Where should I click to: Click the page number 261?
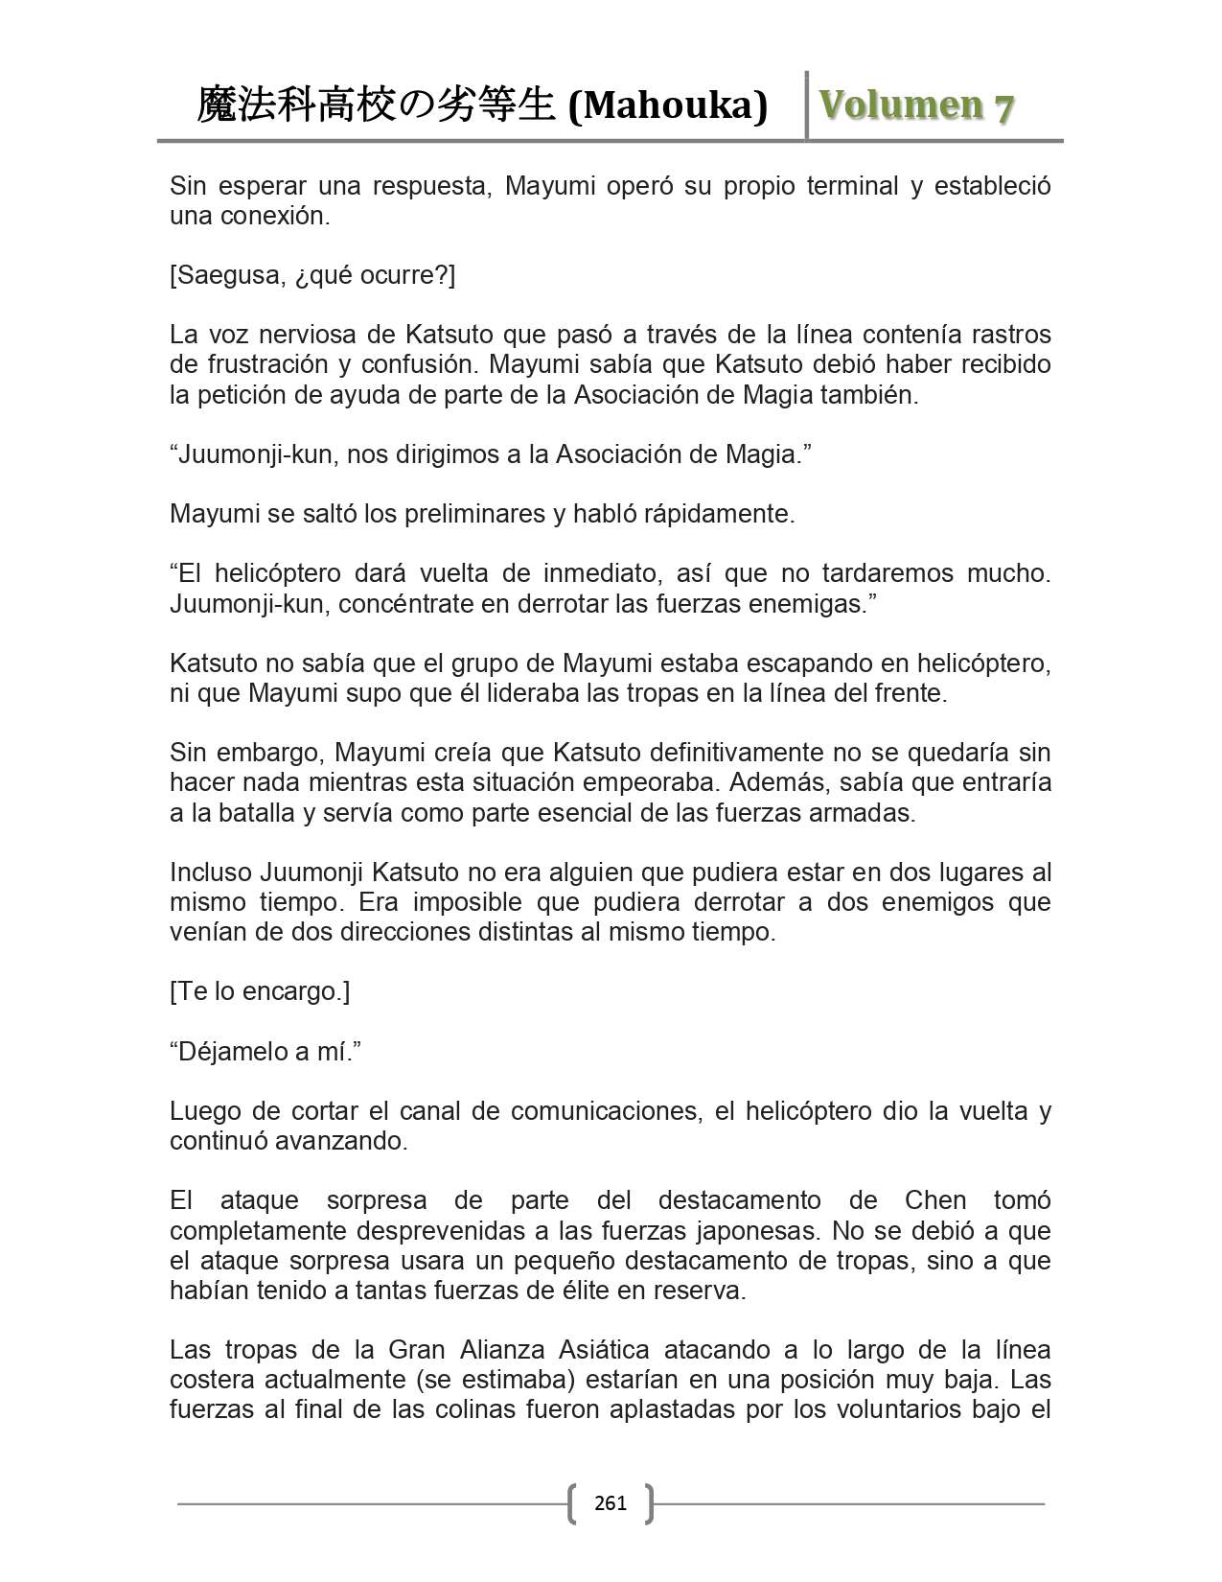[611, 1502]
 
